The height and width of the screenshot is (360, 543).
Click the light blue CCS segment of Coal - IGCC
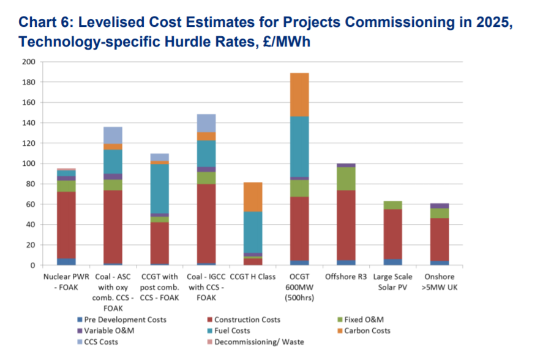tap(206, 123)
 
